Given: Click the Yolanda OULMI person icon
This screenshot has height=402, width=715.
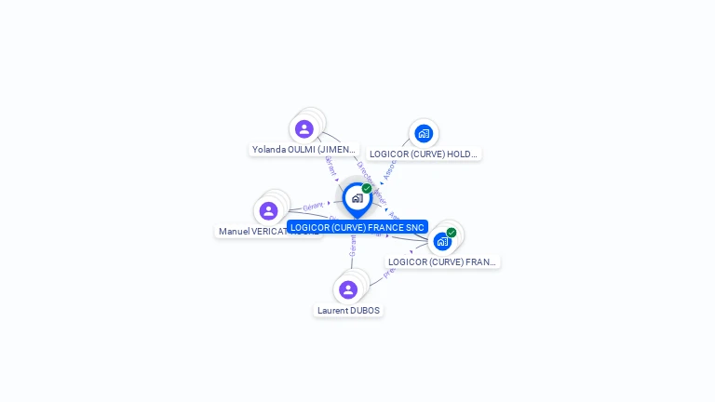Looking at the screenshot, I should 304,129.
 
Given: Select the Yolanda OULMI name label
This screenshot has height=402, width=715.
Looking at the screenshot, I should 304,149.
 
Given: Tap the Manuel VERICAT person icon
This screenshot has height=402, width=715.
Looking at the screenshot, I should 268,211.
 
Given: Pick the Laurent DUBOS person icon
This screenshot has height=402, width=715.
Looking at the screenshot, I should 348,289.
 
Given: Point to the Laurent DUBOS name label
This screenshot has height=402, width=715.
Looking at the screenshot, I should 348,310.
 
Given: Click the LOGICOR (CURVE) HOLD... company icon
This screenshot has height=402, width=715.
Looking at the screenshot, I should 424,133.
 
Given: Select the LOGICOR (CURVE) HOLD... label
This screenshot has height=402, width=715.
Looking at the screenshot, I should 424,154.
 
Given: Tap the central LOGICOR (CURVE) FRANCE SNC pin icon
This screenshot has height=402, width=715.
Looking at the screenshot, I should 357,198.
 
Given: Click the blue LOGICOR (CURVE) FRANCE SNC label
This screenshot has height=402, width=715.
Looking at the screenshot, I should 357,227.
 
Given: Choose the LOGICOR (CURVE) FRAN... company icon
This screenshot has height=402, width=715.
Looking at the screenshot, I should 442,241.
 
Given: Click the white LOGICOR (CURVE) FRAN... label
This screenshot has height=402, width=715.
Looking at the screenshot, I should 443,261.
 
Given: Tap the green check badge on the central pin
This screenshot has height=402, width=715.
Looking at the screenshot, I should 367,188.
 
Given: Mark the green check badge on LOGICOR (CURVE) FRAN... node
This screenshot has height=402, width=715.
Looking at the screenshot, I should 452,233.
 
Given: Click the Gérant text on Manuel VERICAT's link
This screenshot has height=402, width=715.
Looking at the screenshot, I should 314,206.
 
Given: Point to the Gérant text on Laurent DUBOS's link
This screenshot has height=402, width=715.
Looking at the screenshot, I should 353,245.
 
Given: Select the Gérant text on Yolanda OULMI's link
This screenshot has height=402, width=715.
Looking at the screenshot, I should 330,166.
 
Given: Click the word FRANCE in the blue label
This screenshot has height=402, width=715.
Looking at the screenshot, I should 384,227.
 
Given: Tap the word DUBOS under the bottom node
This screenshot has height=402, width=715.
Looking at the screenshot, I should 365,310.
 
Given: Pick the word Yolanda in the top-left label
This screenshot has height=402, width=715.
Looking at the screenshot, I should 269,149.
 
